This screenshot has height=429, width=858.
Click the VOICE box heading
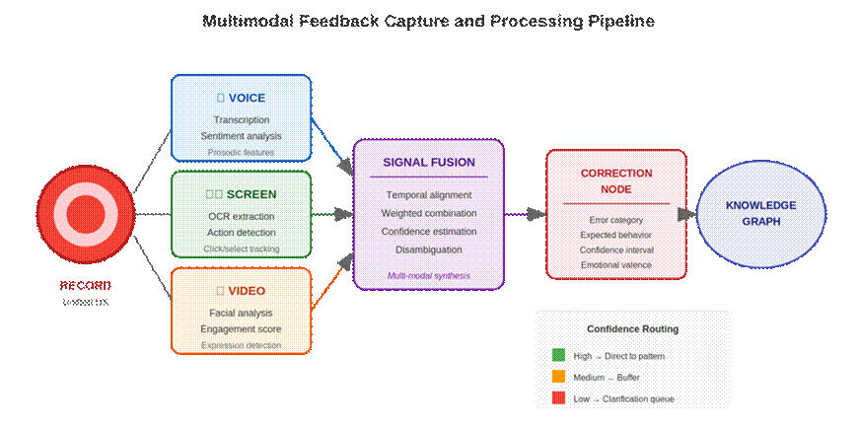coord(242,98)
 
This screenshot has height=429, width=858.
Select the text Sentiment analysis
coord(242,136)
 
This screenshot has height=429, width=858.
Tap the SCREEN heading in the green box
coord(242,194)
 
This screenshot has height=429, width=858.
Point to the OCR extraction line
coord(242,216)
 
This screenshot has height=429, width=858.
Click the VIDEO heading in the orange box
coord(242,291)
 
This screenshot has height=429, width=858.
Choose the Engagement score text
coord(242,328)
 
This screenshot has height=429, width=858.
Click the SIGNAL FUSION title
coord(429,162)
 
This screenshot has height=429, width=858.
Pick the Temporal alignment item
coord(429,195)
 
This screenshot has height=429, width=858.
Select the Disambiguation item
coord(429,249)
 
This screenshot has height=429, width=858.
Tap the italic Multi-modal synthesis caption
coord(429,276)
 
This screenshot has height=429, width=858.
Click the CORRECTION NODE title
coord(615,180)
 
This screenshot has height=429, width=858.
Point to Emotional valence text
coord(615,264)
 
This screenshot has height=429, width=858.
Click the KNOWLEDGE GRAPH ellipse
coord(760,213)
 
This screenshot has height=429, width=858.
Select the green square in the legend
coord(558,355)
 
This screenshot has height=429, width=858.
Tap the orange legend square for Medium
coord(558,377)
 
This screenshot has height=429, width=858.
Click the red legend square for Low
coord(558,398)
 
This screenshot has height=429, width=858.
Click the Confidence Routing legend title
coord(632,328)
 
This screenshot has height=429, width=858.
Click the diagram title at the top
coord(428,21)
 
